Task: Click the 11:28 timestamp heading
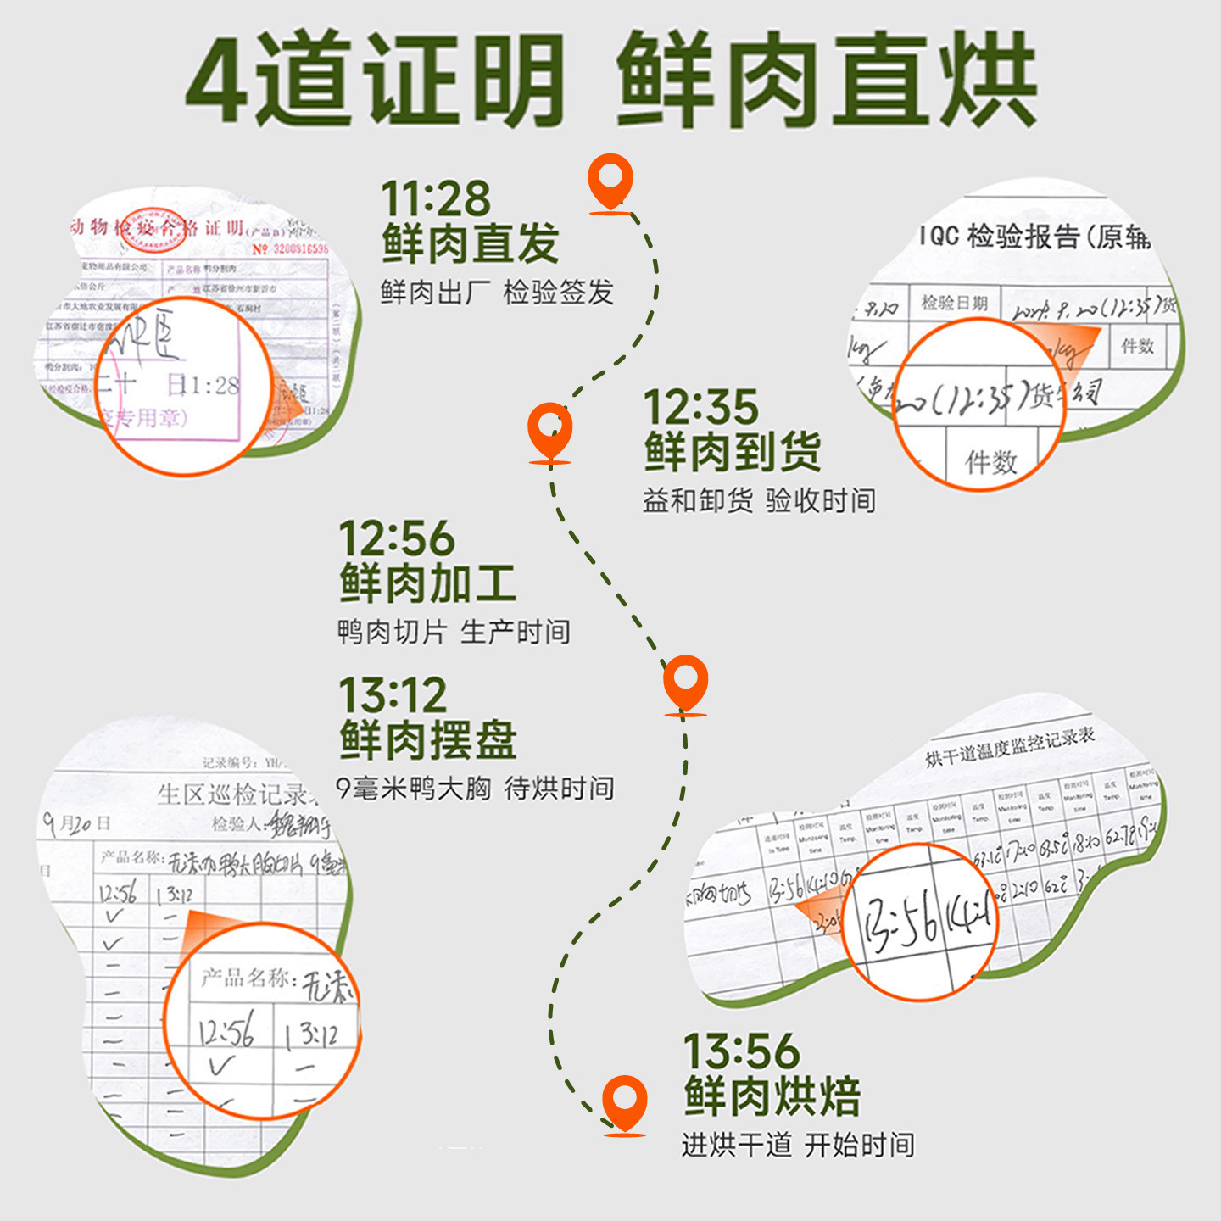coord(436,198)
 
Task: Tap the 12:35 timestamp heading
coord(700,408)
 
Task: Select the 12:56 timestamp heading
coord(397,539)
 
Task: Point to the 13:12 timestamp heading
coord(393,696)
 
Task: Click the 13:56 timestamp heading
coord(741,1052)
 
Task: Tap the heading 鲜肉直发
coord(470,244)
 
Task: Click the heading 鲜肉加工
coord(428,584)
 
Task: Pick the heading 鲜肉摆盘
coord(428,740)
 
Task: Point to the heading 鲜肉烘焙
coord(772,1096)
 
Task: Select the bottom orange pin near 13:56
coord(625,1102)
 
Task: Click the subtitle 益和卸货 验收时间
coord(759,501)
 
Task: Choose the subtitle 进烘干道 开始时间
coord(798,1146)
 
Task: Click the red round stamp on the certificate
coord(152,230)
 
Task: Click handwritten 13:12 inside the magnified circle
coord(311,1034)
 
